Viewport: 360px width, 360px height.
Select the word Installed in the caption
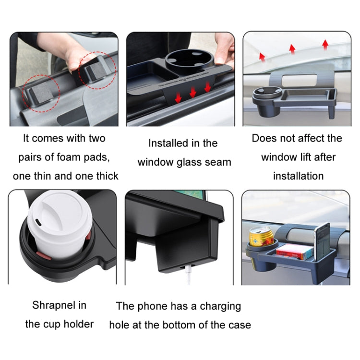click(x=166, y=143)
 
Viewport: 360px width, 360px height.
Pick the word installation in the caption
click(x=298, y=176)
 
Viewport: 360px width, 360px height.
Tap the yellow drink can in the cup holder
click(x=260, y=235)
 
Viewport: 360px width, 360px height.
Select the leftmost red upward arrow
click(x=263, y=56)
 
